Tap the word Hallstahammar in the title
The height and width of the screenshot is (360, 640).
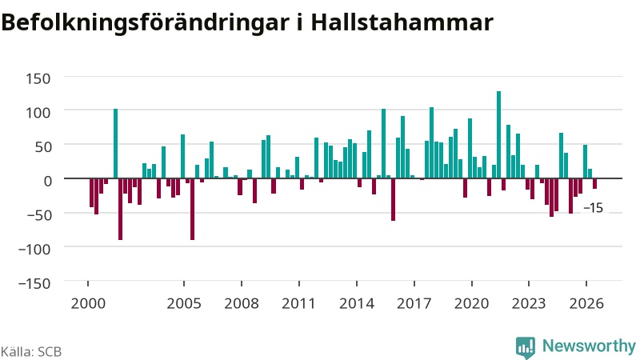pyautogui.click(x=402, y=22)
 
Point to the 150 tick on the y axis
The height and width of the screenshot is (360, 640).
pyautogui.click(x=38, y=78)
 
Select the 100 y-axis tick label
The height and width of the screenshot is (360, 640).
pyautogui.click(x=38, y=112)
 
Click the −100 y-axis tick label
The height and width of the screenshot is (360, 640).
pyautogui.click(x=34, y=249)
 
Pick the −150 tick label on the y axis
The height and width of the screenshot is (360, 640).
pyautogui.click(x=34, y=283)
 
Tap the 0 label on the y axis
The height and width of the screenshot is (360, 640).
pyautogui.click(x=48, y=181)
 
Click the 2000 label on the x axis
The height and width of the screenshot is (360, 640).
pyautogui.click(x=88, y=304)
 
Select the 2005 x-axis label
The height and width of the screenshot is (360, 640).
pyautogui.click(x=184, y=304)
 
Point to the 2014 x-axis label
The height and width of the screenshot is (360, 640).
pyautogui.click(x=357, y=304)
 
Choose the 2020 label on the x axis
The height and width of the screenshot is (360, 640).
pyautogui.click(x=472, y=304)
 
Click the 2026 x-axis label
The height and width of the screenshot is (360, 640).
pyautogui.click(x=586, y=304)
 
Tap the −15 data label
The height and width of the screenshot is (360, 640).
pyautogui.click(x=593, y=208)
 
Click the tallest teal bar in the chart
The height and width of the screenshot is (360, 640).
pyautogui.click(x=498, y=134)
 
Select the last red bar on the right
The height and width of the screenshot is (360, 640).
pyautogui.click(x=594, y=184)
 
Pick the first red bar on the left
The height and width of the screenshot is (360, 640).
pyautogui.click(x=92, y=193)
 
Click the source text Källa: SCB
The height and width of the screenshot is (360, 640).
pyautogui.click(x=31, y=352)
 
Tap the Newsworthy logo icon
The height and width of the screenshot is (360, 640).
pyautogui.click(x=526, y=348)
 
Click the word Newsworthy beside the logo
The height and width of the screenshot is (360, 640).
pyautogui.click(x=589, y=346)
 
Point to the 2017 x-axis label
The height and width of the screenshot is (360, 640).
pyautogui.click(x=414, y=304)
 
